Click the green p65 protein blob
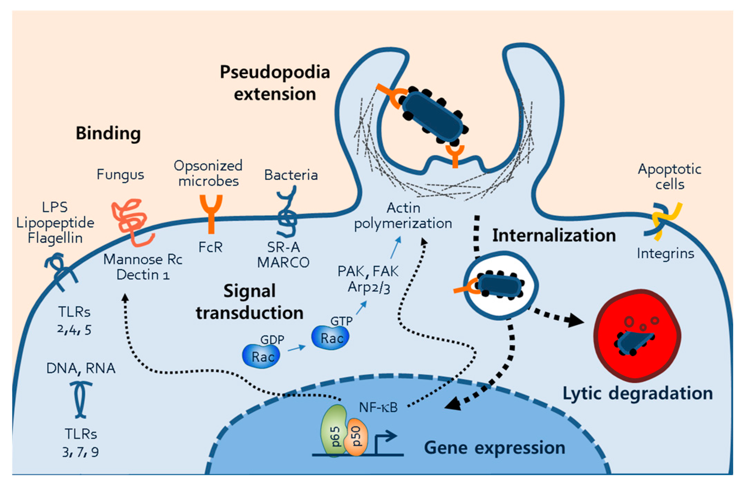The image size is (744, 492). pos(334,430)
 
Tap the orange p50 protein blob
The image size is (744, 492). pos(357,437)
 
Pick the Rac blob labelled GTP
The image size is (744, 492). pos(330,337)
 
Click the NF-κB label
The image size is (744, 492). pos(378,408)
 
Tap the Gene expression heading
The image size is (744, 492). pos(495,447)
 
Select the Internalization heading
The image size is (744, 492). pos(554,235)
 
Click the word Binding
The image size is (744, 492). pos(108,133)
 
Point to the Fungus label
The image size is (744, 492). pos(120,175)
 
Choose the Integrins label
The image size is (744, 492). pos(665,253)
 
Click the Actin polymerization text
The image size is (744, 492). pos(403,216)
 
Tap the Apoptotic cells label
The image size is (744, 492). pos(669,176)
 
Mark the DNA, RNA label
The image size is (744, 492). pos(81,369)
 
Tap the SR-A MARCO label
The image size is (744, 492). pos(283,255)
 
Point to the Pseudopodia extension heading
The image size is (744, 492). pos(275,83)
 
